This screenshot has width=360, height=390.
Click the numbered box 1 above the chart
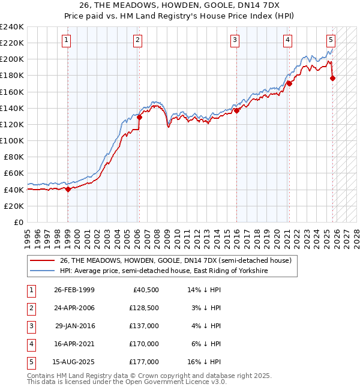[66, 40]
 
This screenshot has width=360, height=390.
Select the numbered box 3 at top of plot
[235, 40]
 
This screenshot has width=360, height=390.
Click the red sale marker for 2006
[139, 118]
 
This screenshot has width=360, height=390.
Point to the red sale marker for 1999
[68, 189]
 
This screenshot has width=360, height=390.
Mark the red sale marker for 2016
[236, 110]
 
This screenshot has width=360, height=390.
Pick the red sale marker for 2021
[289, 83]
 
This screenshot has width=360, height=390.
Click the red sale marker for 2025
[332, 78]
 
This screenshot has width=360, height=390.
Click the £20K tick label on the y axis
[13, 206]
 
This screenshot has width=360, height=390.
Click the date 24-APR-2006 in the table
[74, 307]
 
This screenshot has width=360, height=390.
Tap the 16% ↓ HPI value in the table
[205, 361]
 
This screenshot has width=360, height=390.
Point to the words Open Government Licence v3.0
[177, 381]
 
